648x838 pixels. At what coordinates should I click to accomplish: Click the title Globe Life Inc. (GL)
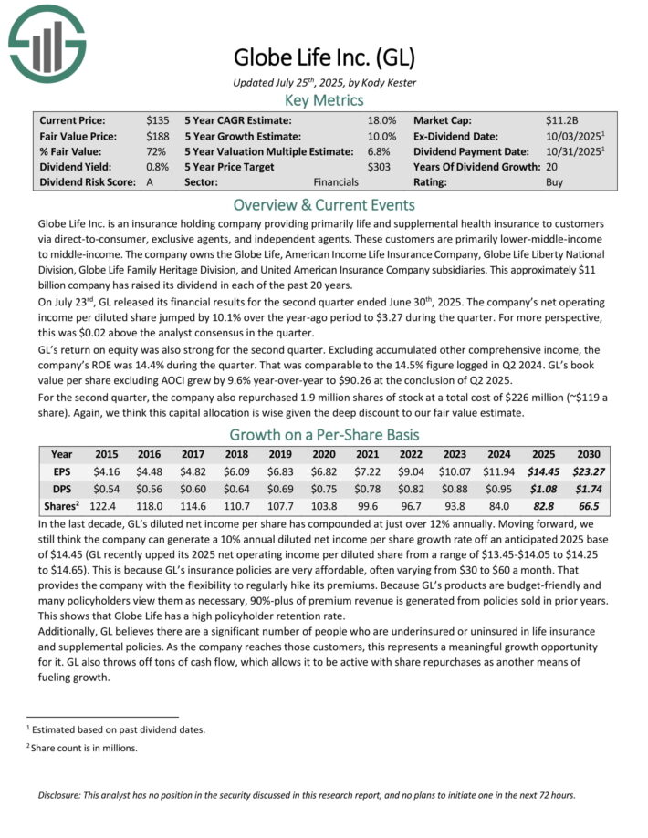point(324,58)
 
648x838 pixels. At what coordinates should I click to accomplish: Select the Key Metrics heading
point(324,101)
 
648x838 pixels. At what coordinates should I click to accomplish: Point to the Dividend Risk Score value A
point(150,182)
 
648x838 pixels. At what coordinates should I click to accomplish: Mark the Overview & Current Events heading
point(324,204)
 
